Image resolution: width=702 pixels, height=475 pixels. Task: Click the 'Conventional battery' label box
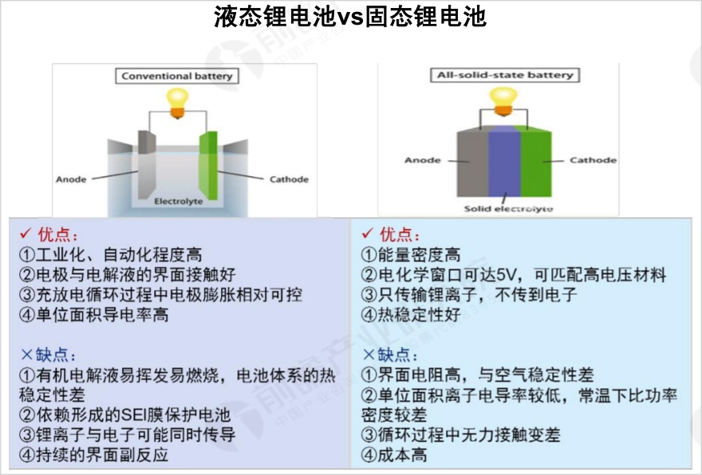[x=177, y=76]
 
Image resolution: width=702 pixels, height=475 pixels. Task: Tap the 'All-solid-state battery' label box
[x=505, y=75]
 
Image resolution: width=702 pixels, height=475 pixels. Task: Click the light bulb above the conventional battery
[x=178, y=103]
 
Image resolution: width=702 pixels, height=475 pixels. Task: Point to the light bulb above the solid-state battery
[x=503, y=101]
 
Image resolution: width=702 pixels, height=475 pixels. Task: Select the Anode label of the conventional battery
[x=71, y=179]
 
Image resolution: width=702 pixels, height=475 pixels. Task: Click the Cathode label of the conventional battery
[x=289, y=179]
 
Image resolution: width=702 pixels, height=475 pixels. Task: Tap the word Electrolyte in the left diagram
[x=178, y=202]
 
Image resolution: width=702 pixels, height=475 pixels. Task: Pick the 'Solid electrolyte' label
[x=508, y=209]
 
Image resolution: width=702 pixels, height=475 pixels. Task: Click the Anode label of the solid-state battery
[x=423, y=160]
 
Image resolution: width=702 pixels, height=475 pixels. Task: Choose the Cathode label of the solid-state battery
[x=593, y=160]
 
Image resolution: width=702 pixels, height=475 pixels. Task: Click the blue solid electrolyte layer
[x=504, y=161]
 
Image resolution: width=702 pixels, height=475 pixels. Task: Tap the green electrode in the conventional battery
[x=209, y=165]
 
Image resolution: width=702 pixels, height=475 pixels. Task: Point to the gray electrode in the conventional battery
[x=147, y=163]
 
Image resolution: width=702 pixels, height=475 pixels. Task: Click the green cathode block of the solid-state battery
[x=535, y=162]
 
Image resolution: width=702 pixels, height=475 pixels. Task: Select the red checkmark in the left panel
[x=26, y=234]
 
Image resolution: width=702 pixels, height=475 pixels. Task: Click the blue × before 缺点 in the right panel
[x=368, y=355]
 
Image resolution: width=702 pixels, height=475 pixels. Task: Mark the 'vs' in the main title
[x=350, y=17]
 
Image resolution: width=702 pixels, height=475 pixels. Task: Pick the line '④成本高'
[x=394, y=455]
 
